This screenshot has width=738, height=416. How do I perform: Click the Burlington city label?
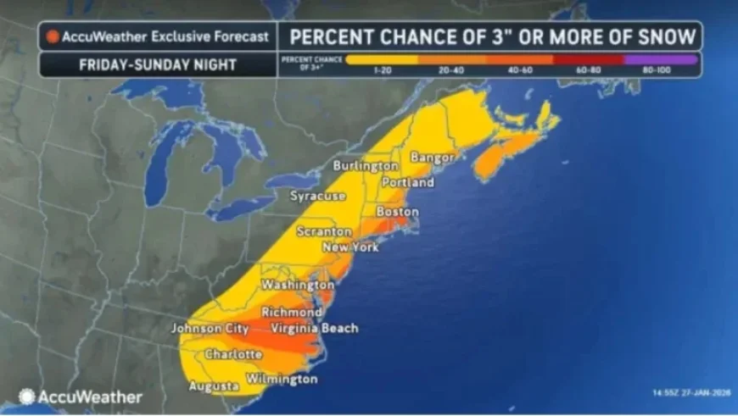pos(366,165)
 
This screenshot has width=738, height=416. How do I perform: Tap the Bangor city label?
pos(433,158)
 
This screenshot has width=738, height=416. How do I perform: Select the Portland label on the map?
pos(408,182)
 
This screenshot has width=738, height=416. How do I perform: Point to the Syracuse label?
pos(318,196)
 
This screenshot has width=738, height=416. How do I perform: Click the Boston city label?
pos(397,211)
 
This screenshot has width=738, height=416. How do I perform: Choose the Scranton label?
pos(324,231)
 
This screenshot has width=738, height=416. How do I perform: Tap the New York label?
pos(351,247)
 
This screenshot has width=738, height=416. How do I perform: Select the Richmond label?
pos(291,313)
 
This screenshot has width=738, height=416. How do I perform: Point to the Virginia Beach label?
pos(315,328)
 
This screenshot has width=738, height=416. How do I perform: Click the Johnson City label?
pos(209,328)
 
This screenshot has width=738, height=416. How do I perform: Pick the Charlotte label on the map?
pos(233,353)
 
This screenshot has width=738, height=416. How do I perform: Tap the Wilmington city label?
pos(282,379)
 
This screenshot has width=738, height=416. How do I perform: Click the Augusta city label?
pos(213,386)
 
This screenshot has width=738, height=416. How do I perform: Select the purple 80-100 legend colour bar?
pos(661,60)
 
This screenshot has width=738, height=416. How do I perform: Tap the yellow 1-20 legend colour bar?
pos(383,60)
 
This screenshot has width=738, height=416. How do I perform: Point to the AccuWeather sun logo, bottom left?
pos(27,396)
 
